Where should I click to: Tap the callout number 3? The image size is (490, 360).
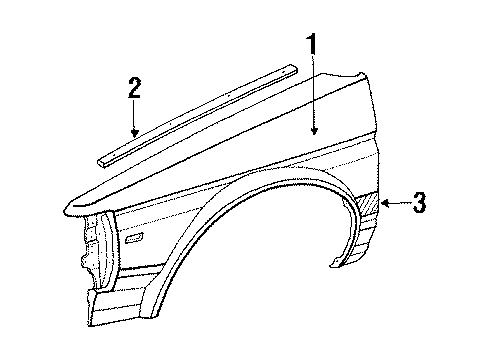tap(420, 205)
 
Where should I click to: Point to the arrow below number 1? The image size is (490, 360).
tap(315, 110)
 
